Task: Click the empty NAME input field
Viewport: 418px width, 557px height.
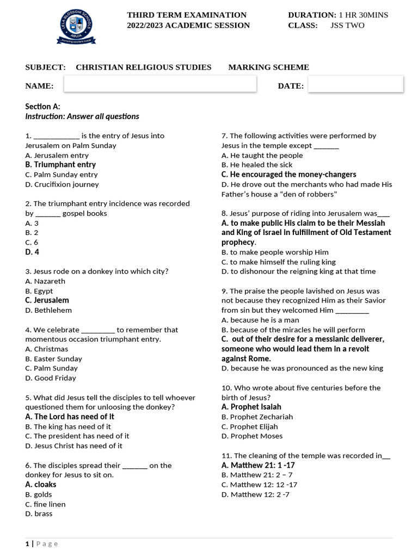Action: point(160,84)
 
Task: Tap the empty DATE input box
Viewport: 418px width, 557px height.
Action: point(355,84)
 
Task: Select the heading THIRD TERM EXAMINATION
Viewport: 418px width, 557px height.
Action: point(187,15)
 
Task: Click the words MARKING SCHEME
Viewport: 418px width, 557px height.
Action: point(268,67)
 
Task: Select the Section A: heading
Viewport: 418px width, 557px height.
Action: point(42,107)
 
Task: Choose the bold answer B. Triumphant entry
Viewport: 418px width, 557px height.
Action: point(60,164)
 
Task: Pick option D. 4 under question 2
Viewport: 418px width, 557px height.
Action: point(32,252)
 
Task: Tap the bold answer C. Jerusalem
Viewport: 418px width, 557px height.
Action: point(47,300)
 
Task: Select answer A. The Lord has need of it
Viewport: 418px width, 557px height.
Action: point(70,417)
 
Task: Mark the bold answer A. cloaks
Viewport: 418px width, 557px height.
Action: point(41,484)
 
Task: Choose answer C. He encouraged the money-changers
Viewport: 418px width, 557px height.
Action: point(288,174)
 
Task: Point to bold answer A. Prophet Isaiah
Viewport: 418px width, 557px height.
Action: point(251,407)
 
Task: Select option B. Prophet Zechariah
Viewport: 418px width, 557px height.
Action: point(257,417)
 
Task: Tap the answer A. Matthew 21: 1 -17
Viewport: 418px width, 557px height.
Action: point(258,465)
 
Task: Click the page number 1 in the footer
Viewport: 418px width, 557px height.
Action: point(27,543)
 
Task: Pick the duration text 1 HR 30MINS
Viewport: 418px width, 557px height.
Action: point(363,15)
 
